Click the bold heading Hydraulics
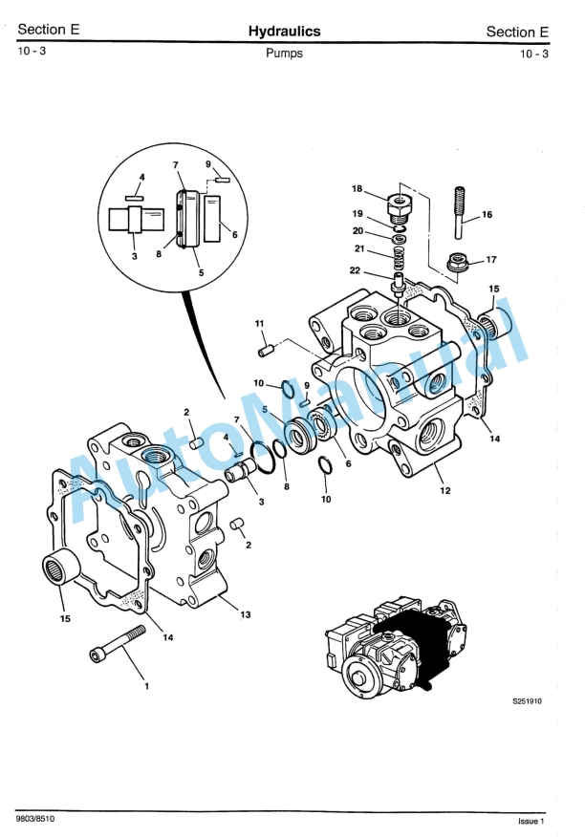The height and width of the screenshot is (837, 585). [284, 31]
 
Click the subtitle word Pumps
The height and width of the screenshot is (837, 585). [284, 54]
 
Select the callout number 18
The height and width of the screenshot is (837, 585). [357, 188]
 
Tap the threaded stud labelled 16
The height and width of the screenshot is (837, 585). [460, 212]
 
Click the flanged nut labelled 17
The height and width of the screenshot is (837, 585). [457, 262]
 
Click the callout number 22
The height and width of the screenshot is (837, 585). [355, 270]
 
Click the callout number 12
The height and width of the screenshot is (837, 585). [445, 490]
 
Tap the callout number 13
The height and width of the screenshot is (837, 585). [246, 614]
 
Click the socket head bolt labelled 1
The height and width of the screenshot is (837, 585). [118, 642]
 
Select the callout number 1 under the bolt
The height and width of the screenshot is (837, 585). [147, 686]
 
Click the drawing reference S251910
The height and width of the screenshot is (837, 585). [528, 701]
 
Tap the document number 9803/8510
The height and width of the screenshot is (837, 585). [35, 818]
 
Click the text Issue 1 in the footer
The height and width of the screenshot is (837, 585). [531, 821]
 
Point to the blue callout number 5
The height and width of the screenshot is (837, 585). [265, 410]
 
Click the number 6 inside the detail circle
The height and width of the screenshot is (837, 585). [234, 234]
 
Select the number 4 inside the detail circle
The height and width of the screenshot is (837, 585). [142, 177]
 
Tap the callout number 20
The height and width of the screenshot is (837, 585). [357, 231]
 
